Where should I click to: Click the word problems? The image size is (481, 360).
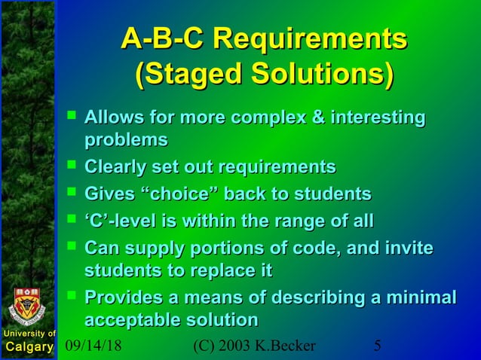(x=126, y=139)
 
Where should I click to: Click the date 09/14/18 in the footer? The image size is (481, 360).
(x=93, y=346)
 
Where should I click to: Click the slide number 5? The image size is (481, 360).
(x=378, y=346)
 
